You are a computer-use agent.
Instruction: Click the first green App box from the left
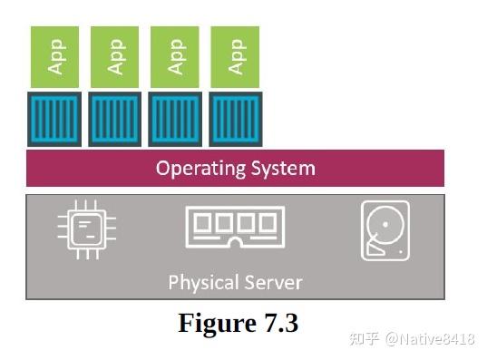coord(54,57)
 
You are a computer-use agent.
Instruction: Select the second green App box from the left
coord(114,57)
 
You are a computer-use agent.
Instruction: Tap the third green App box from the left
coord(174,57)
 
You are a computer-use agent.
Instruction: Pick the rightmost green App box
coord(234,57)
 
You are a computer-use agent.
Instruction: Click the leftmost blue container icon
coord(54,119)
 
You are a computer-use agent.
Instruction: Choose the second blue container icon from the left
coord(114,119)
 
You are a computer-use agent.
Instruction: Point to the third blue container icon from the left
coord(174,119)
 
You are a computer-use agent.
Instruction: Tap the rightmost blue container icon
coord(234,119)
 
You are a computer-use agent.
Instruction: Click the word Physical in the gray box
coord(201,282)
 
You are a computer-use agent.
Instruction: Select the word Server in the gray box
coord(271,282)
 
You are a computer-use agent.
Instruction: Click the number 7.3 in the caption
coord(277,323)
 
